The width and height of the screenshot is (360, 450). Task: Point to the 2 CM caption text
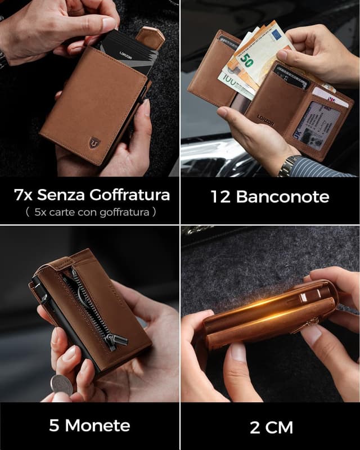271,427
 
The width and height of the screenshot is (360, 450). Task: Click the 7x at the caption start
24,195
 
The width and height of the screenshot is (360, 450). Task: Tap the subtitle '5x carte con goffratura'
90,213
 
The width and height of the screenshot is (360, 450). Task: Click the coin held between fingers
61,385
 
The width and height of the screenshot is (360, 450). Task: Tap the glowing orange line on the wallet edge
264,307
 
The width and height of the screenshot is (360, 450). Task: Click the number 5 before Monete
54,425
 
